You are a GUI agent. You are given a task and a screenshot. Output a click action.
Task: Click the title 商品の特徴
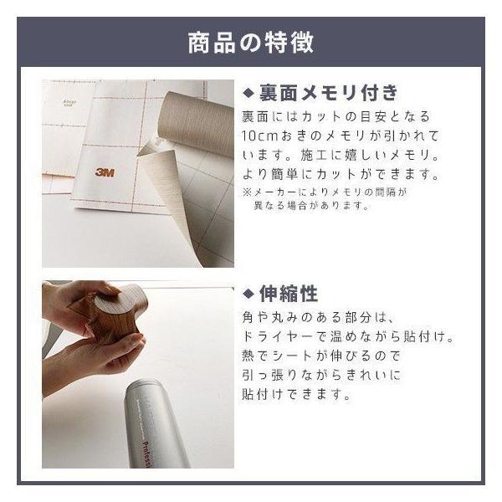tap(250, 43)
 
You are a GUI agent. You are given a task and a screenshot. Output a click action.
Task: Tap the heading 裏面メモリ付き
tap(328, 93)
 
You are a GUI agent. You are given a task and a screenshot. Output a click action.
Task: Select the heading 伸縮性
tap(289, 294)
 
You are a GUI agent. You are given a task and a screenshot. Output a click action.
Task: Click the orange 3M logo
tap(105, 172)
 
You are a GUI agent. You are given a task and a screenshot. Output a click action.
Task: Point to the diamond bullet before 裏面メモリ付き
tap(248, 93)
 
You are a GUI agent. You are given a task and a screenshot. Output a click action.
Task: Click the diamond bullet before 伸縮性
tap(248, 294)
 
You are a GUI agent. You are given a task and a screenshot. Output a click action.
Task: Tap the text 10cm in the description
tap(259, 136)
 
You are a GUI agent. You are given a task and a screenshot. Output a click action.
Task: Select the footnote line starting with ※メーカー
tap(325, 192)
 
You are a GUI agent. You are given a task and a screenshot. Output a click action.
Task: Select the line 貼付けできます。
tap(296, 394)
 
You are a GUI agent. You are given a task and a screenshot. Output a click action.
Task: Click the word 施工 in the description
tap(313, 156)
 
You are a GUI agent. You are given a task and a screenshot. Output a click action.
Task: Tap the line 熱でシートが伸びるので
tap(321, 356)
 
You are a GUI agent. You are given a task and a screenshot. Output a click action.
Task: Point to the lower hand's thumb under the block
tap(126, 342)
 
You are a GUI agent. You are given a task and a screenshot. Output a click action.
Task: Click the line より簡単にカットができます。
tap(341, 175)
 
